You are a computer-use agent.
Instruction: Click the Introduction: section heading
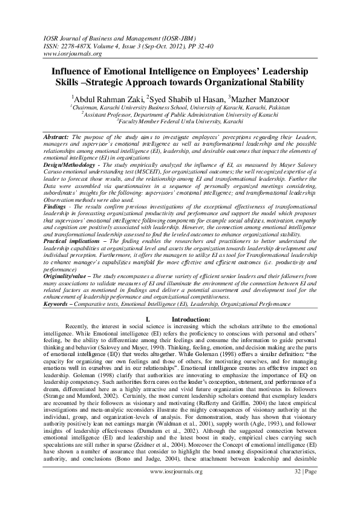tap(191, 319)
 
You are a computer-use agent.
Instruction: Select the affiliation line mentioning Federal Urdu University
tap(180, 121)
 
